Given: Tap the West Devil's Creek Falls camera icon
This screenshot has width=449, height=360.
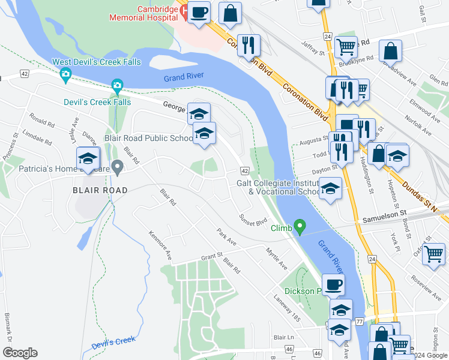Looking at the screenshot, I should pyautogui.click(x=65, y=75).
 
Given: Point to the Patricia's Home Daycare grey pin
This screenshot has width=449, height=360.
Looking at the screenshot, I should pyautogui.click(x=118, y=167).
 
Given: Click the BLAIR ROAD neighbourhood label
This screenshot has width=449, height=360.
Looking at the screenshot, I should pyautogui.click(x=100, y=190).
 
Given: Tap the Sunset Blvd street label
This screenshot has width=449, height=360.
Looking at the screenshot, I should pyautogui.click(x=253, y=220).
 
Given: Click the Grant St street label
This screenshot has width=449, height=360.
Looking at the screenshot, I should pyautogui.click(x=212, y=257).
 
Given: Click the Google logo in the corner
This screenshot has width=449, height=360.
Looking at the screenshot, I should pyautogui.click(x=20, y=352).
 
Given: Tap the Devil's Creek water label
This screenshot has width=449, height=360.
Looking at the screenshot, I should pyautogui.click(x=113, y=343).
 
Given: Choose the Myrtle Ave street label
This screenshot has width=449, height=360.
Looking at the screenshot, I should pyautogui.click(x=277, y=260).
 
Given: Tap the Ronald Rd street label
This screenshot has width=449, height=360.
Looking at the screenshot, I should pyautogui.click(x=42, y=121).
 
